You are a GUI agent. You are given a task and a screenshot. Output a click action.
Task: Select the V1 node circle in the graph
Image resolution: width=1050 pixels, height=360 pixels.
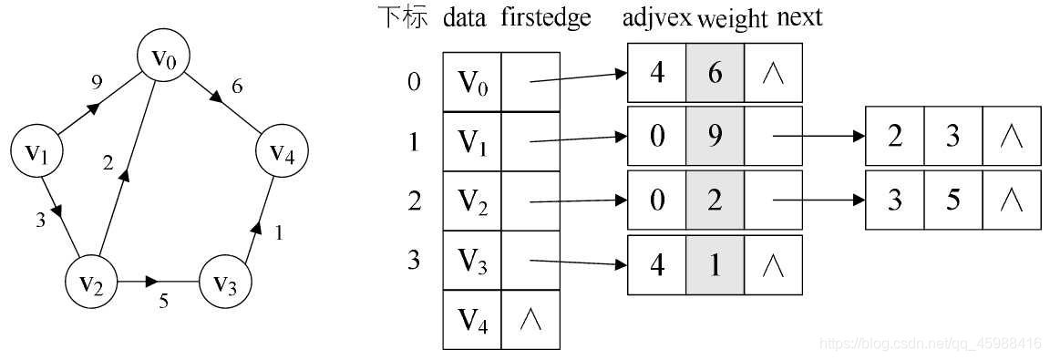click(x=36, y=152)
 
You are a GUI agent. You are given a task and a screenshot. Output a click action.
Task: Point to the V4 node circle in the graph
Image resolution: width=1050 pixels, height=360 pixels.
click(x=283, y=152)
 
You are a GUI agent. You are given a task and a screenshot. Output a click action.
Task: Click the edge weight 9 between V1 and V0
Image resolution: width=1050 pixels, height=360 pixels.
click(x=97, y=82)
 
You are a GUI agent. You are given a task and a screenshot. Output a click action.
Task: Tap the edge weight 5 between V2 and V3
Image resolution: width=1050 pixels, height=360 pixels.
click(x=164, y=302)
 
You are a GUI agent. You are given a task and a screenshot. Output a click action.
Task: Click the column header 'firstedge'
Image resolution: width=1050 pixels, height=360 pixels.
click(x=546, y=18)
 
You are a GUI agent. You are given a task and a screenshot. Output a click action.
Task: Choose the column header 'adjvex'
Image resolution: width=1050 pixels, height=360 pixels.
click(x=657, y=18)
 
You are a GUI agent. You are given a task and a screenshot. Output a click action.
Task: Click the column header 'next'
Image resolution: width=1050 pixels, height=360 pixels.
click(x=800, y=18)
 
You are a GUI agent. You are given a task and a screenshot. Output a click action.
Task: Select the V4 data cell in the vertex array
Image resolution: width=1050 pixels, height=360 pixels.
click(x=472, y=320)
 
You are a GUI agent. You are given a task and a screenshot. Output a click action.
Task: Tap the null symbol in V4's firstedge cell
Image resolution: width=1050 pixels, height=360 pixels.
click(x=530, y=320)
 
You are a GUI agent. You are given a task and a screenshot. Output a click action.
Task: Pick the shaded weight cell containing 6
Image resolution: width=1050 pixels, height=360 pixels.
click(x=715, y=73)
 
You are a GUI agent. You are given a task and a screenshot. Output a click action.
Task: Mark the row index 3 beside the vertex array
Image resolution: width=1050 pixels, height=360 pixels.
click(x=415, y=261)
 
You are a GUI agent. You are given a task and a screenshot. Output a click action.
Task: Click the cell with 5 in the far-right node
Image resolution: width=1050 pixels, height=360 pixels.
click(x=952, y=200)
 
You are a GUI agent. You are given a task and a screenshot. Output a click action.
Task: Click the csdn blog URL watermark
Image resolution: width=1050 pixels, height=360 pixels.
click(x=931, y=344)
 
